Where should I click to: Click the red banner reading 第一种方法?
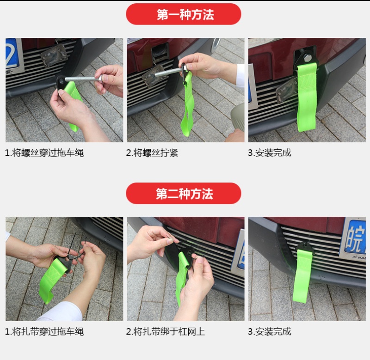[183, 14]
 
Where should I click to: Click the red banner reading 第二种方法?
[183, 193]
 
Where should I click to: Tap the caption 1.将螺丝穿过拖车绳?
[44, 153]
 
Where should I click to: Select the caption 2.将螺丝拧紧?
[152, 153]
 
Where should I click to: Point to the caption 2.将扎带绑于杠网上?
[165, 331]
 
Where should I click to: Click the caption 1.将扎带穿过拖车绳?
[44, 331]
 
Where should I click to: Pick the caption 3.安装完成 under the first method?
[270, 153]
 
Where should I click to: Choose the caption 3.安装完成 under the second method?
[270, 331]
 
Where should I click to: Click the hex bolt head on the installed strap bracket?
[308, 58]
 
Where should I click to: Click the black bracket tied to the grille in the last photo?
[305, 247]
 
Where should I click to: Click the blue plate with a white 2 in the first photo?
[12, 53]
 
